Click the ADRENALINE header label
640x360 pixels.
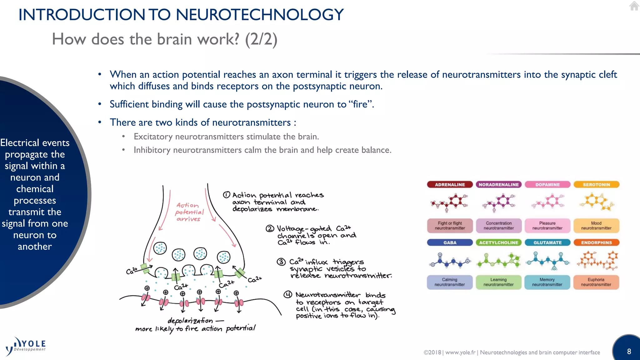tap(450, 185)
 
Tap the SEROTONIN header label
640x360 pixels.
tap(596, 185)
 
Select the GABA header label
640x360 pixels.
tap(450, 242)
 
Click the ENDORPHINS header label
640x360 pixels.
tap(596, 242)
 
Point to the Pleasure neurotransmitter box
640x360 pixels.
tap(547, 226)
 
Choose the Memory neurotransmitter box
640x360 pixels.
tap(547, 282)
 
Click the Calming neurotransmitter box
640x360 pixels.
tap(450, 282)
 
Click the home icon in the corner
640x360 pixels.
tap(634, 6)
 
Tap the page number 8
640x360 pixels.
tap(629, 351)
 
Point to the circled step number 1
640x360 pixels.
tap(227, 195)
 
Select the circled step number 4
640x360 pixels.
tap(287, 295)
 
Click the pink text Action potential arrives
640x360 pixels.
tap(189, 212)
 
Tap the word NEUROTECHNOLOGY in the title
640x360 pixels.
tap(259, 15)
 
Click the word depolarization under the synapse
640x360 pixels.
tap(190, 321)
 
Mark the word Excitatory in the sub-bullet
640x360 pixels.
tap(153, 137)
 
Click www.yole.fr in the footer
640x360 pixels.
tap(460, 352)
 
